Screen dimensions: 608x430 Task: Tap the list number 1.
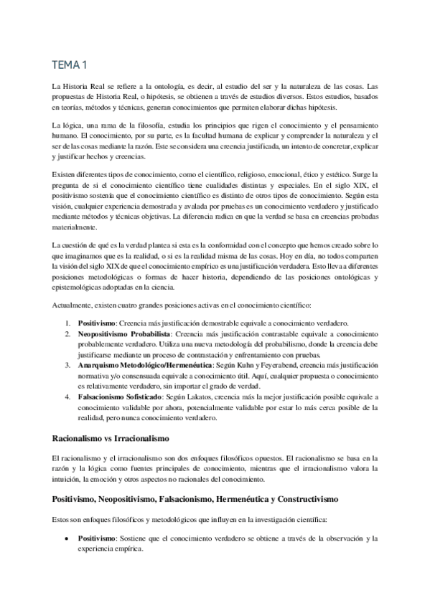(x=67, y=323)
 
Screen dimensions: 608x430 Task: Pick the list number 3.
(x=67, y=365)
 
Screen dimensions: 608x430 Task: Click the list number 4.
(x=67, y=396)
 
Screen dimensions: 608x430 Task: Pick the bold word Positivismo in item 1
(x=97, y=323)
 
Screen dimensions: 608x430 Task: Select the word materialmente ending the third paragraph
(x=75, y=228)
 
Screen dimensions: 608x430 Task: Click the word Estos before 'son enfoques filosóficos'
(x=63, y=517)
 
